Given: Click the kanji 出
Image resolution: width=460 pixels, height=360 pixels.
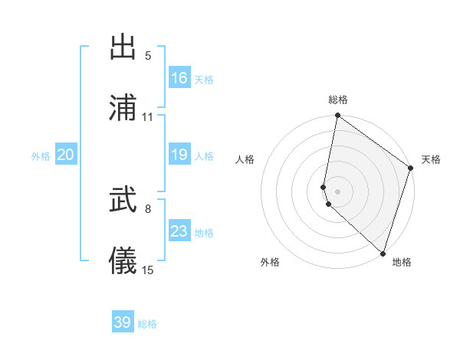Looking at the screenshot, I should pos(123,48).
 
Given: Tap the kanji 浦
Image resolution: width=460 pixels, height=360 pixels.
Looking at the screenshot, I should pos(123,108).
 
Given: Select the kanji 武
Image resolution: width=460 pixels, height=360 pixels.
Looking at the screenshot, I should pos(123,201).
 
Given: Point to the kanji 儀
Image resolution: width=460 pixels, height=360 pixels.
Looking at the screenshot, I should pos(123,261).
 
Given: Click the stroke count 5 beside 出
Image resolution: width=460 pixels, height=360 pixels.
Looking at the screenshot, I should pos(148,55).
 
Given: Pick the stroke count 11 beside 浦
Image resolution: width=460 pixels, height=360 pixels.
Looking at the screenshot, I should pos(148,116).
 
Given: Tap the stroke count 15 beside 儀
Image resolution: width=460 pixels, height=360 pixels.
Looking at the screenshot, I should pos(148,270).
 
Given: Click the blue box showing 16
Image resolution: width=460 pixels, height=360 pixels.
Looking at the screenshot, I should pos(179,77).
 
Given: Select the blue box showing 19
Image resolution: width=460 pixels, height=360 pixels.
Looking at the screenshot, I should pos(179,155).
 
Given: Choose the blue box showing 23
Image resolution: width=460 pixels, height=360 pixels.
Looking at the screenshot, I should pos(179,231).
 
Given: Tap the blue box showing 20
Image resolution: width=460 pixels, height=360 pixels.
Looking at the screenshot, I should pos(66,155).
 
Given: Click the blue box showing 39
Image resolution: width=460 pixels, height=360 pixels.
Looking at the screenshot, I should pos(123,322).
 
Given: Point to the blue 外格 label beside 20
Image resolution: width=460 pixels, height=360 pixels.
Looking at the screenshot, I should pos(41,156).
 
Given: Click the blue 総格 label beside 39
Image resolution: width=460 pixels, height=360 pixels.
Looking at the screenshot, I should pos(147,324).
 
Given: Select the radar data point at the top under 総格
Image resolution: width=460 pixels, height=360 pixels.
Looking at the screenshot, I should pos(337,116).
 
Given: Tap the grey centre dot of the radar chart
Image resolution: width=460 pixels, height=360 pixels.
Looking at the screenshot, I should pos(337,191).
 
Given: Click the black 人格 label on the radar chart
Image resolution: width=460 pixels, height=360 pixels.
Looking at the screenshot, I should pos(245,159).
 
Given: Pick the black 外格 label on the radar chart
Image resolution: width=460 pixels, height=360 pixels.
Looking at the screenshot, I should pos(270,262).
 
